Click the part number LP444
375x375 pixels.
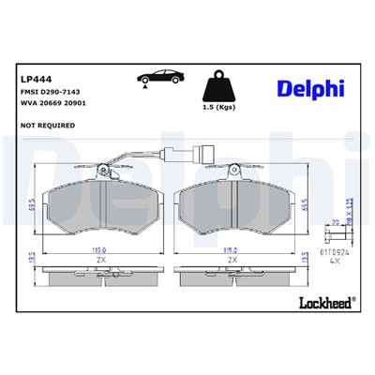coord(30,80)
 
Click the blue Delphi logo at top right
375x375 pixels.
coord(309,88)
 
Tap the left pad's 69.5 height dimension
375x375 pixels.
coord(34,207)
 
